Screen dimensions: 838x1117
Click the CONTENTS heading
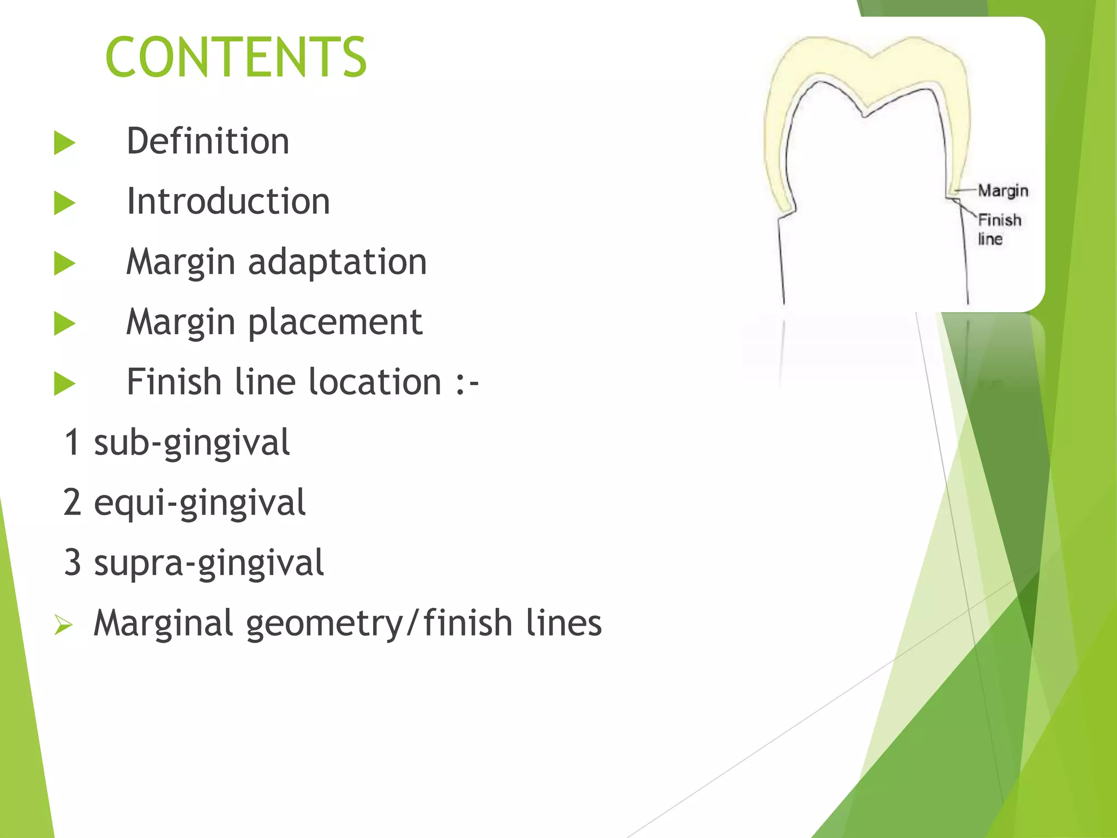(x=236, y=57)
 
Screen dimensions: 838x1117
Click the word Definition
(x=208, y=141)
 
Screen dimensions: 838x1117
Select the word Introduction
(x=228, y=201)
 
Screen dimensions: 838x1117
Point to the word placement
(x=335, y=322)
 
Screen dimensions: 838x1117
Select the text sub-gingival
(x=191, y=442)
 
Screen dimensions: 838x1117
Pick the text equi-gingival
(x=199, y=502)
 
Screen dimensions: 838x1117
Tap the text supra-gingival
(x=208, y=563)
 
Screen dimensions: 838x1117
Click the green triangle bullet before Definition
(x=64, y=143)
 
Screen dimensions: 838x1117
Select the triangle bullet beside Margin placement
(x=64, y=324)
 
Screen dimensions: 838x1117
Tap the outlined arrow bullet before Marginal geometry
(x=63, y=625)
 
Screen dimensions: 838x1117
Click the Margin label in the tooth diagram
(x=1002, y=190)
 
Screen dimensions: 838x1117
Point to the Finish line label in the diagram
(x=998, y=229)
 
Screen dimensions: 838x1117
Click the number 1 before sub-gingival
(x=73, y=442)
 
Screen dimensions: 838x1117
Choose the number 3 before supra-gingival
(x=73, y=563)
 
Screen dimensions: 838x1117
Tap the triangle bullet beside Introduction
(x=64, y=203)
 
